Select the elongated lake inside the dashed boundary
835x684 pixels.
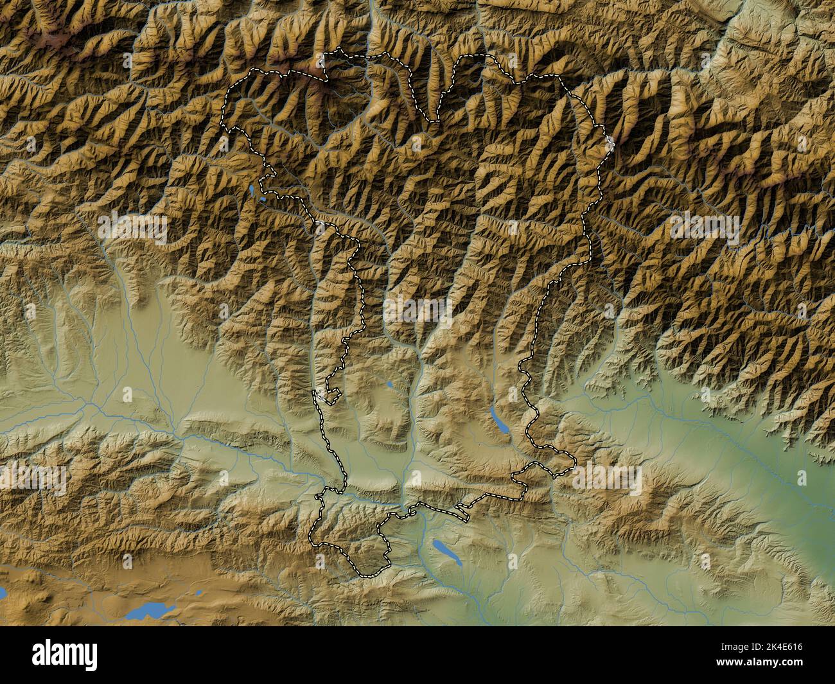point(497,419)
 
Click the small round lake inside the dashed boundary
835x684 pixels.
point(389,386)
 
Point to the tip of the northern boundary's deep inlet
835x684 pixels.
point(435,119)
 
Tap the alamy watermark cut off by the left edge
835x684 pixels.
point(32,478)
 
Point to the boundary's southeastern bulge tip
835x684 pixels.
point(574,461)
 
